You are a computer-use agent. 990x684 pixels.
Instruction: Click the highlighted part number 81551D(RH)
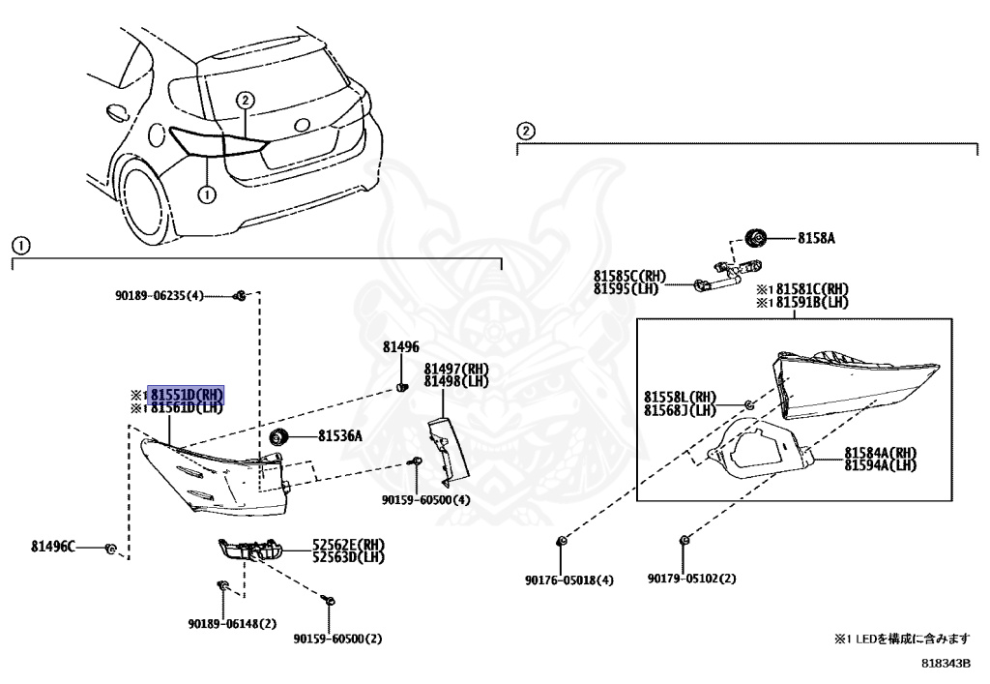click(x=186, y=395)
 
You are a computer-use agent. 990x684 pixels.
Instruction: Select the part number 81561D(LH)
click(x=186, y=407)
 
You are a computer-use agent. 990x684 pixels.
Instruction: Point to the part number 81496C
click(x=52, y=547)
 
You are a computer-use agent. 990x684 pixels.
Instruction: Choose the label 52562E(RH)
click(x=347, y=545)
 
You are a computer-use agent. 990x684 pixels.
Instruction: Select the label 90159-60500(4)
click(x=425, y=500)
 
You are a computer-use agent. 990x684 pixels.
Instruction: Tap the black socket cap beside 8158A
click(x=756, y=237)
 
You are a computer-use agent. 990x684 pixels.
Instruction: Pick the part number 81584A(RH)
click(x=880, y=453)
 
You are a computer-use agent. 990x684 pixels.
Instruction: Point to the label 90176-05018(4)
click(x=569, y=580)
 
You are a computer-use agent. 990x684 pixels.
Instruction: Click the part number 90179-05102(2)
click(x=692, y=580)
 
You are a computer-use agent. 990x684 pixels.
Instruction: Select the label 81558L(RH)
click(x=680, y=397)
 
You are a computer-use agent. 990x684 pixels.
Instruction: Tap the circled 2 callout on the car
click(x=245, y=100)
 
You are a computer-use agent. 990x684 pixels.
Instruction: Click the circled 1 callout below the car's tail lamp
click(x=205, y=193)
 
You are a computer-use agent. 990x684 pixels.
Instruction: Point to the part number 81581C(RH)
click(x=807, y=288)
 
